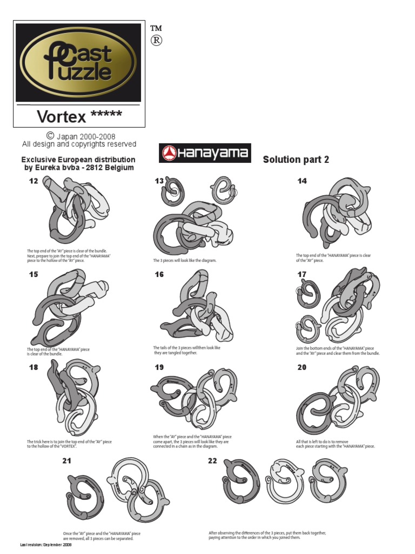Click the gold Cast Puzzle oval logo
pos(79,62)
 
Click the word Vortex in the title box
pos(61,116)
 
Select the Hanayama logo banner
pos(205,153)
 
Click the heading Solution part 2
pos(296,160)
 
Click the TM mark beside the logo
pos(157,28)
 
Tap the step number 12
pos(34,181)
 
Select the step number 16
pos(159,274)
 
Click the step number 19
pos(159,367)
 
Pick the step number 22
pos(212,461)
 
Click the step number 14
pos(302,181)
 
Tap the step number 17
pos(302,274)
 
